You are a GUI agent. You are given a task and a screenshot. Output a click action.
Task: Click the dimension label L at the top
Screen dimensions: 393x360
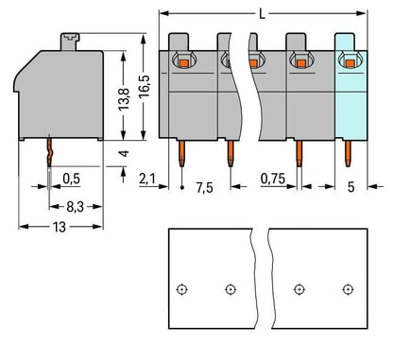click(x=262, y=14)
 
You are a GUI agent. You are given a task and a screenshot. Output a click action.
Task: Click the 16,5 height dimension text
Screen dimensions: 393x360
click(x=145, y=86)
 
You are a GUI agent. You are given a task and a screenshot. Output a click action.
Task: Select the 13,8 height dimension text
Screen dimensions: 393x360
click(x=124, y=99)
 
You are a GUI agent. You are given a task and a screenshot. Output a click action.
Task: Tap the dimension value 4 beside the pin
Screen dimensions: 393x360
click(x=125, y=153)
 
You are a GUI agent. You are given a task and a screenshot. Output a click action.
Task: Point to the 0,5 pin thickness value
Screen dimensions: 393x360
click(x=72, y=179)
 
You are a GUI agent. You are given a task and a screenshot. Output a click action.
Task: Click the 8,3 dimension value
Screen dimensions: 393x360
click(x=76, y=207)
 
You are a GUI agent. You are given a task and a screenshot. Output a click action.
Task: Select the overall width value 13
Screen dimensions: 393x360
click(x=60, y=227)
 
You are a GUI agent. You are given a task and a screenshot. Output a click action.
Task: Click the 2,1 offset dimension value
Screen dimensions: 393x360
click(x=147, y=179)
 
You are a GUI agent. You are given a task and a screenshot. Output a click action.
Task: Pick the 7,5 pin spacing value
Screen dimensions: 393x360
click(x=204, y=187)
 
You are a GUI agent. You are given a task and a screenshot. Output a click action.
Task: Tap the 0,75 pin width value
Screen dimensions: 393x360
click(x=273, y=179)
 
